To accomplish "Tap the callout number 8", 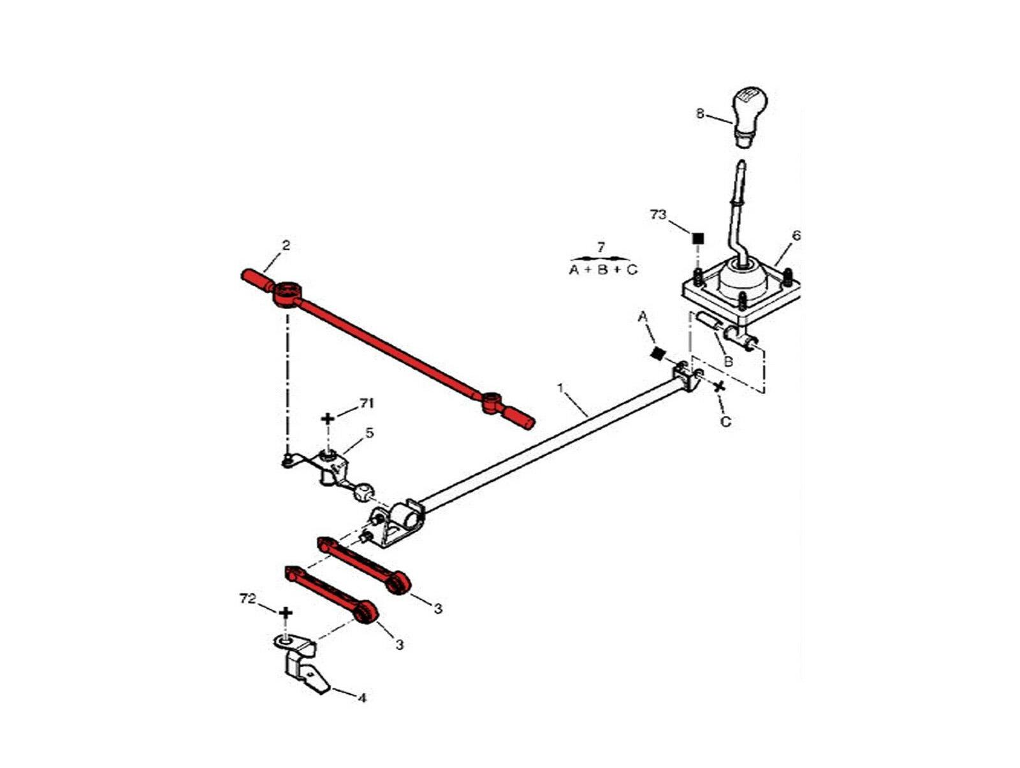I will tap(700, 115).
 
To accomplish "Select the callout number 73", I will tap(658, 215).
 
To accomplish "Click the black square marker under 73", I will tap(698, 238).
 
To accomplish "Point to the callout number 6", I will tap(796, 236).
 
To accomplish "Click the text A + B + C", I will tap(602, 270).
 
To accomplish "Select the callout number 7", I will tap(601, 247).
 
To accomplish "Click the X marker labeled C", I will tap(720, 386).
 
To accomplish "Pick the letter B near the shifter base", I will tap(728, 361).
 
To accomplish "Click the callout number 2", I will tap(286, 245).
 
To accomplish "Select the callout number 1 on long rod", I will tap(560, 388).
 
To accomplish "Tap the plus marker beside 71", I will tap(328, 419).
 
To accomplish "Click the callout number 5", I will tap(369, 433).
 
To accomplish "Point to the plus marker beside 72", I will tap(286, 612).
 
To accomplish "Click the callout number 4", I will tap(361, 698).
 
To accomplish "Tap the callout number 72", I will tap(247, 599).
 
